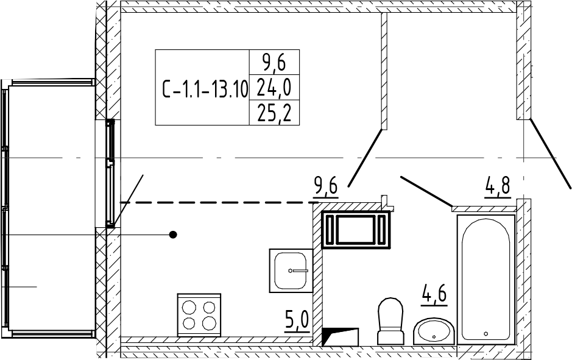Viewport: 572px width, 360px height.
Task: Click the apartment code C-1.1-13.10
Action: click(205, 90)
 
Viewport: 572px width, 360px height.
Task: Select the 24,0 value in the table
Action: click(274, 89)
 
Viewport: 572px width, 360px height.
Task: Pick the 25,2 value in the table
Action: click(274, 114)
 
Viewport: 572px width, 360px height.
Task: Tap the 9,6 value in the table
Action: click(274, 62)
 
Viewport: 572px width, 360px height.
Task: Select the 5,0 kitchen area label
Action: click(297, 319)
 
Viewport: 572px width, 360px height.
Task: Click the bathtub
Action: click(485, 278)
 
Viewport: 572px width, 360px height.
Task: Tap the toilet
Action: click(390, 320)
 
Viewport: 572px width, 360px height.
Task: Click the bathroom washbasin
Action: click(433, 331)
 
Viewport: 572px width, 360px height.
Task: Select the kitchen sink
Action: click(291, 270)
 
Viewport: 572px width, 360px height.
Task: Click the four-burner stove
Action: click(199, 314)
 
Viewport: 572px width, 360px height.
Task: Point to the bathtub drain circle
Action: click(486, 333)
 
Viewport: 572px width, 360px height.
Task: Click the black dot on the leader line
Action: click(173, 235)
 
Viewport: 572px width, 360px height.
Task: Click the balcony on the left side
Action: click(49, 207)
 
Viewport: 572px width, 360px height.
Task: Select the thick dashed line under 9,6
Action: click(219, 202)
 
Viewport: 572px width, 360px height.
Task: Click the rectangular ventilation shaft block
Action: click(356, 230)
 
